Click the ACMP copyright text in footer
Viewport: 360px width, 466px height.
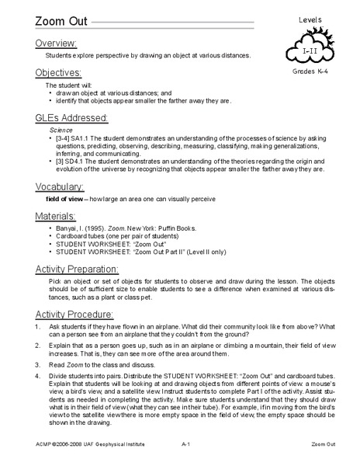(x=74, y=459)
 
